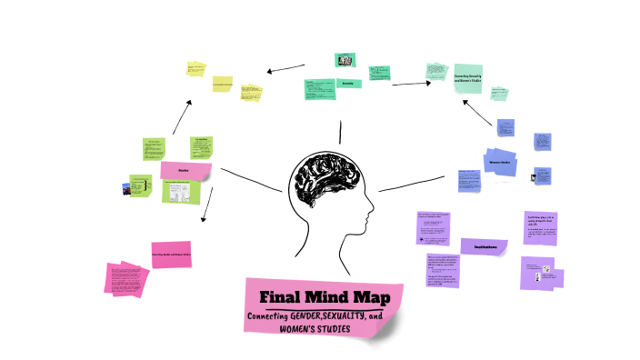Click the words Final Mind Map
(x=314, y=297)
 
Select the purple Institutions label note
(x=485, y=246)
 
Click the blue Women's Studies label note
(x=503, y=163)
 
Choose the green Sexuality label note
(x=347, y=84)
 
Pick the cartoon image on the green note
(x=181, y=191)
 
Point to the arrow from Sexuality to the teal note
(x=411, y=84)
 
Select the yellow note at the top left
(x=195, y=69)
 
